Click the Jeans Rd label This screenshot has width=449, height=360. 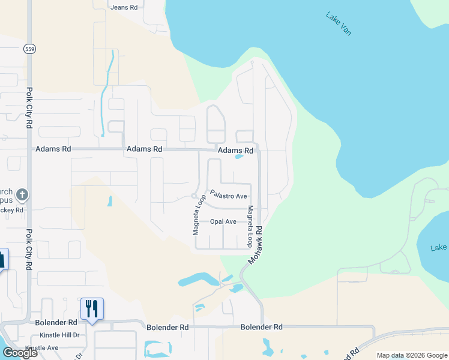click(124, 7)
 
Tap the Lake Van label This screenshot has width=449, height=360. click(338, 23)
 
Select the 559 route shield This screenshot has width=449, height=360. click(29, 49)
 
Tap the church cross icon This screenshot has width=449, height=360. click(22, 194)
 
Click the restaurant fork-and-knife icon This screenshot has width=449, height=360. click(92, 308)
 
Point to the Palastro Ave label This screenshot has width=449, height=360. click(228, 196)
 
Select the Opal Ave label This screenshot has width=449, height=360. click(223, 221)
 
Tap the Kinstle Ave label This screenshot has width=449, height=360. click(41, 347)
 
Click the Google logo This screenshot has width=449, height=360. click(20, 353)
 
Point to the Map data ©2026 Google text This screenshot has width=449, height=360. click(412, 355)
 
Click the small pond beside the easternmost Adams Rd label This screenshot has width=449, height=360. click(239, 157)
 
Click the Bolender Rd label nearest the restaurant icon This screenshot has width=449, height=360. click(56, 322)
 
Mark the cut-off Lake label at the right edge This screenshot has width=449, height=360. click(439, 248)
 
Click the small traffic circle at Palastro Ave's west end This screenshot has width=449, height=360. click(194, 196)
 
